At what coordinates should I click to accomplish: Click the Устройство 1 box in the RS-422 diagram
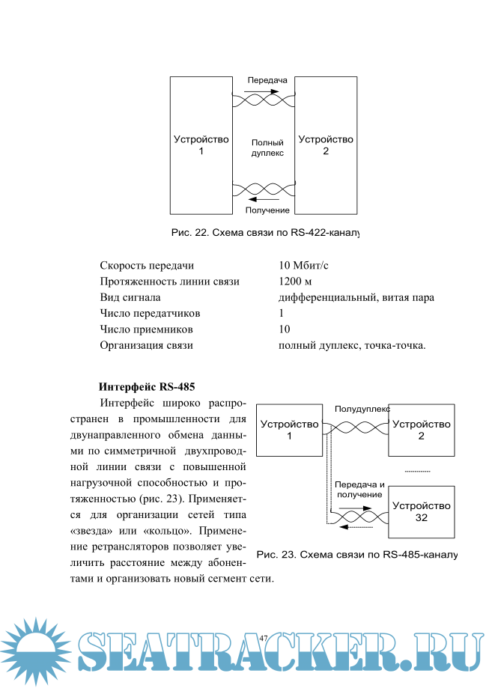click(x=201, y=144)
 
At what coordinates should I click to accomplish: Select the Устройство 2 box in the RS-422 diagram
click(x=325, y=144)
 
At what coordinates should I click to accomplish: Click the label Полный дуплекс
click(x=267, y=147)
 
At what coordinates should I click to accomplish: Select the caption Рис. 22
click(x=265, y=233)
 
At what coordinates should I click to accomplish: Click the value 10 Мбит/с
click(x=303, y=265)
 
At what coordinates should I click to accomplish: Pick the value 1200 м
click(x=294, y=281)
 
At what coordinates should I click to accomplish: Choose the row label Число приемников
click(x=147, y=329)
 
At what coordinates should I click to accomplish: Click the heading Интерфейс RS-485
click(x=147, y=387)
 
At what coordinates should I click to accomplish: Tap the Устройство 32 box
click(x=421, y=512)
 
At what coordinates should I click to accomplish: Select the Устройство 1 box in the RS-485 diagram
click(x=289, y=430)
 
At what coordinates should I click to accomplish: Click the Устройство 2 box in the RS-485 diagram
click(x=421, y=430)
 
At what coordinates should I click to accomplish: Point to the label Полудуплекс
click(x=362, y=410)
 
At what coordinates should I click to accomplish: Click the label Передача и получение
click(x=359, y=489)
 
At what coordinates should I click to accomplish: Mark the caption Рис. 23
click(x=356, y=555)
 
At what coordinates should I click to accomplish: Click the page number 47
click(x=264, y=636)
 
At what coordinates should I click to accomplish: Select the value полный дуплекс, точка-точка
click(x=351, y=345)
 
